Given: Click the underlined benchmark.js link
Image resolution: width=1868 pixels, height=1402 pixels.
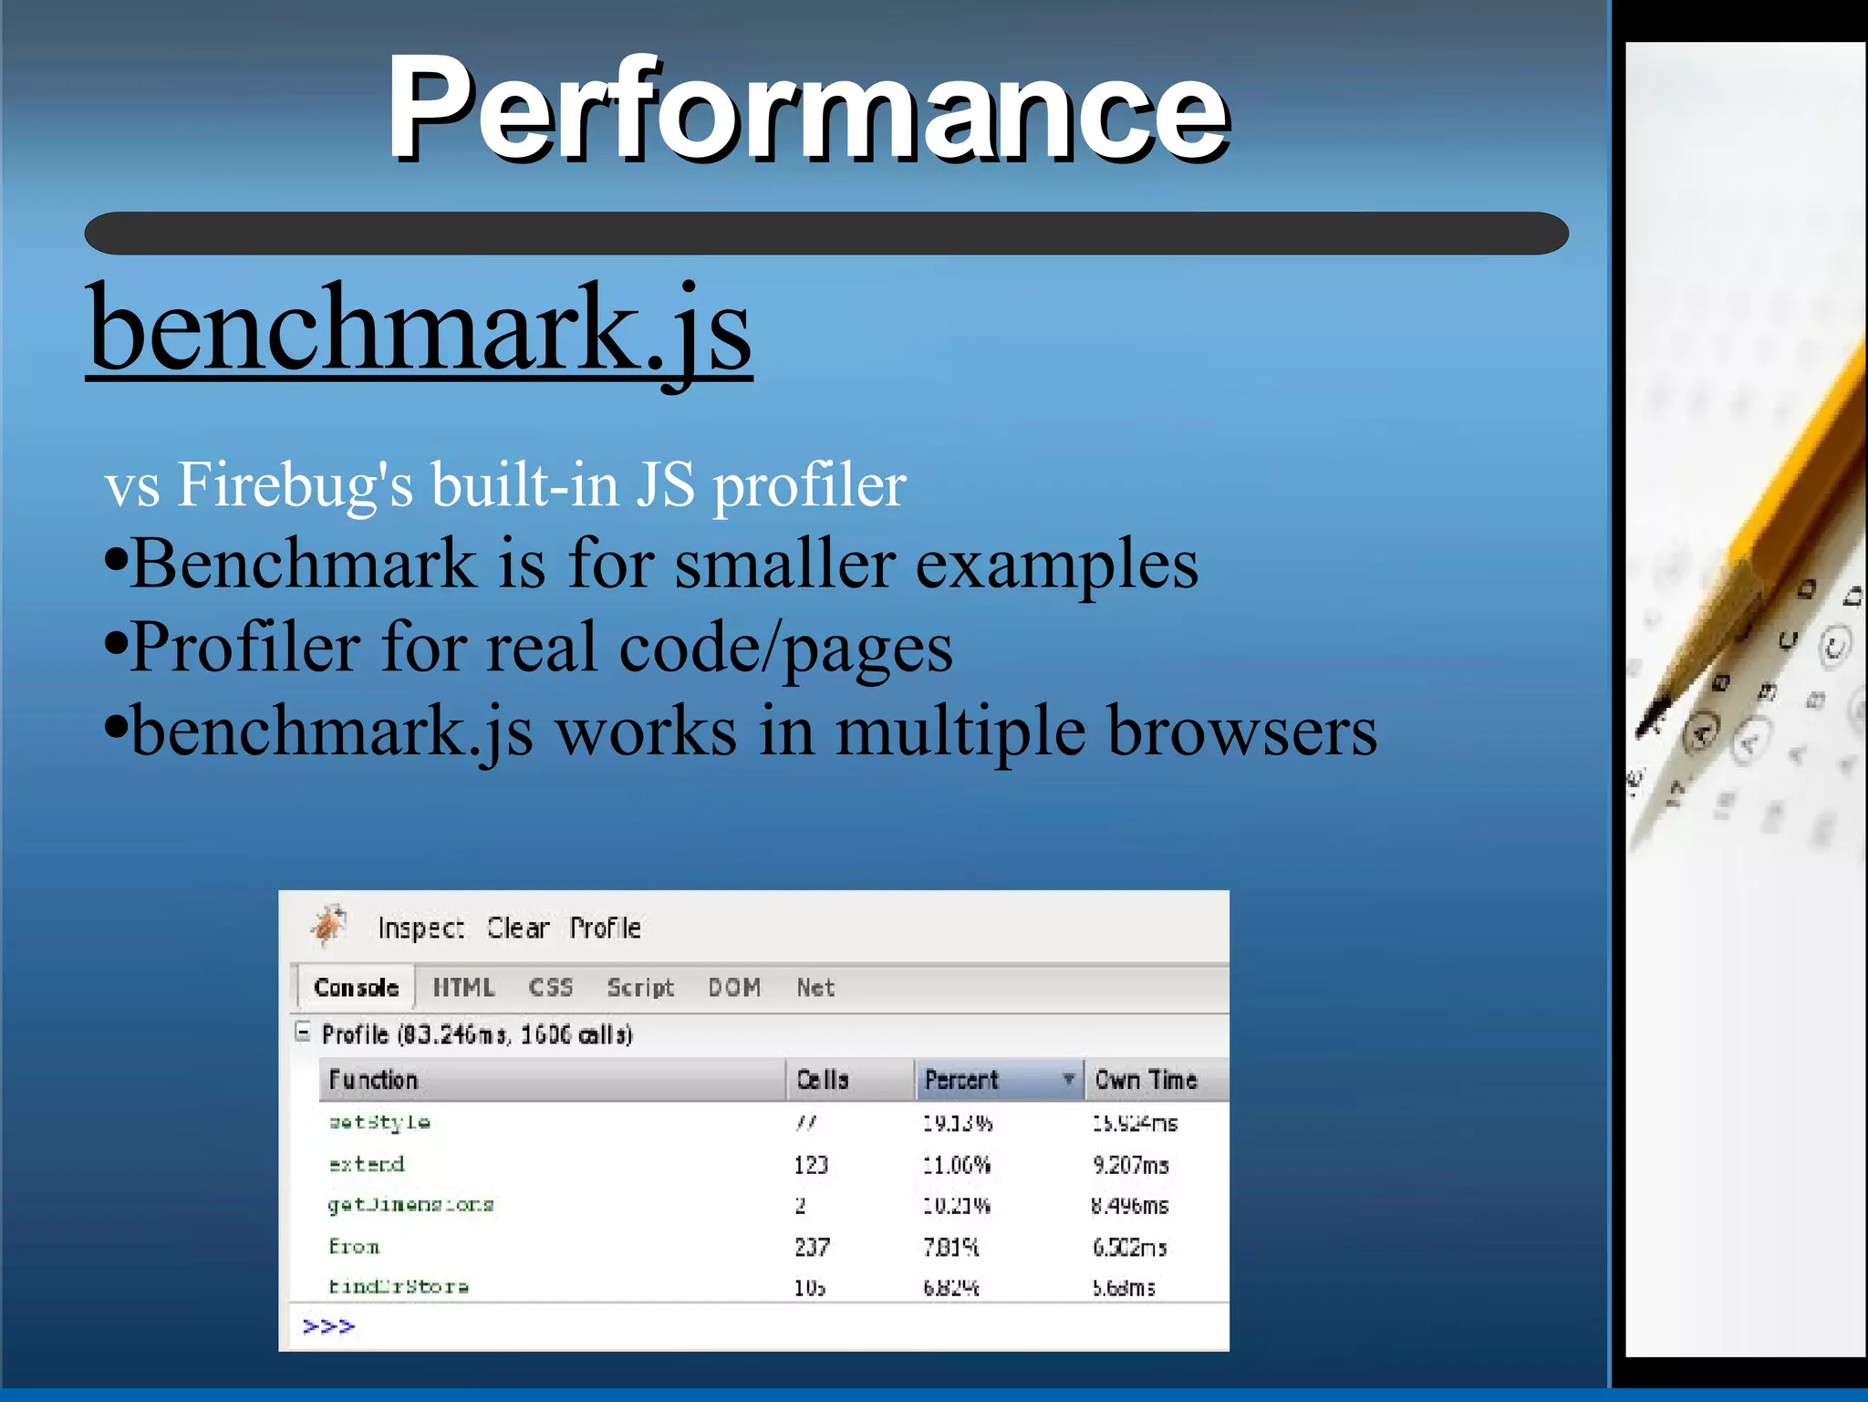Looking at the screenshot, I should tap(419, 328).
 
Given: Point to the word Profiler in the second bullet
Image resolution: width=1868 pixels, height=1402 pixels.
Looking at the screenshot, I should tap(245, 648).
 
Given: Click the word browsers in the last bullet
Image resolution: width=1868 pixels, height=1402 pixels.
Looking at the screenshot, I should tap(1241, 732).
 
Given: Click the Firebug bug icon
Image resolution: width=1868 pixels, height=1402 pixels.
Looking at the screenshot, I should tap(329, 926).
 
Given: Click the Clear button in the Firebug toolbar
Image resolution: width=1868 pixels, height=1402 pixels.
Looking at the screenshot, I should tap(517, 929).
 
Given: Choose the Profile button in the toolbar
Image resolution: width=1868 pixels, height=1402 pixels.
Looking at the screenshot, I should tap(605, 929).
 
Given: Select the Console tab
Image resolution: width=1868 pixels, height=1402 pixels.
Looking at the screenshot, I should tap(356, 988).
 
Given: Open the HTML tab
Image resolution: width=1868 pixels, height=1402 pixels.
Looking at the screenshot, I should tap(463, 988).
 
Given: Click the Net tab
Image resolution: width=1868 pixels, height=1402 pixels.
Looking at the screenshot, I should tap(815, 988).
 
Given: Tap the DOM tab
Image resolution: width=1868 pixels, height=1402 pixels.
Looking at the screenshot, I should tap(734, 988).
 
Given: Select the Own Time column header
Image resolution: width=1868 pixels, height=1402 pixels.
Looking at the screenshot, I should tap(1146, 1080).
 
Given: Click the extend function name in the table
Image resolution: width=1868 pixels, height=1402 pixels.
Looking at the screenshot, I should tap(367, 1165).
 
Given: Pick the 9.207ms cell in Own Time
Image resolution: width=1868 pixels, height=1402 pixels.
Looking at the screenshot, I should tap(1130, 1166).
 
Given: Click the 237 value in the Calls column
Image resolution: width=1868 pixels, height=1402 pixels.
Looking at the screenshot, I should tap(812, 1247).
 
